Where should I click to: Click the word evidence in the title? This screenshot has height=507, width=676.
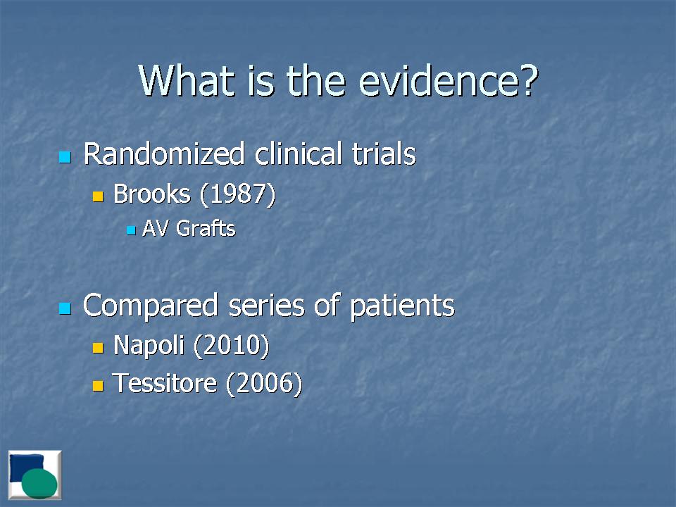click(449, 80)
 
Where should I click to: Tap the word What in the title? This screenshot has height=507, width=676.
click(187, 80)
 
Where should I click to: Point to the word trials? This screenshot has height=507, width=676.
click(384, 154)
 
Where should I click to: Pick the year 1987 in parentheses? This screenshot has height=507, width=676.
click(237, 194)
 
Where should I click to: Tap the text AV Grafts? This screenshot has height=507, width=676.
click(189, 228)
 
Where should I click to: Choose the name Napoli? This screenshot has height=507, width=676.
click(149, 346)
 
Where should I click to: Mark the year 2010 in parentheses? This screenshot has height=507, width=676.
click(232, 346)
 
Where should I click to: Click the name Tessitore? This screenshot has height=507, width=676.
click(164, 383)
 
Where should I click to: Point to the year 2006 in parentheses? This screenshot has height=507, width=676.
click(264, 384)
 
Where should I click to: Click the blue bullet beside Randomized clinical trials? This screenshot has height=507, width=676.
click(65, 157)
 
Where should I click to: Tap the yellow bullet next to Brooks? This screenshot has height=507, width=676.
click(99, 196)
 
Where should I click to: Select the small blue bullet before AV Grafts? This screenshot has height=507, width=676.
click(132, 231)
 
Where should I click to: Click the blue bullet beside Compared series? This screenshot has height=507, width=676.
click(65, 308)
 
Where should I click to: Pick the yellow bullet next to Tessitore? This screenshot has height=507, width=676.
click(99, 385)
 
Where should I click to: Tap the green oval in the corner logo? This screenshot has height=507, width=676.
click(39, 483)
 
